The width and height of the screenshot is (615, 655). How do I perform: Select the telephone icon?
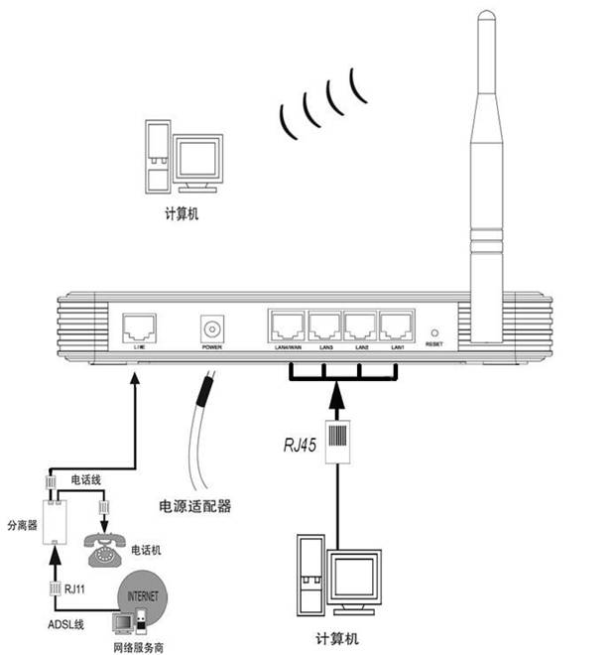point(103,550)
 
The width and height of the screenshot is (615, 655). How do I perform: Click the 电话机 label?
point(148,549)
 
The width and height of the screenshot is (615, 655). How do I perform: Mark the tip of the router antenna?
point(484,15)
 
